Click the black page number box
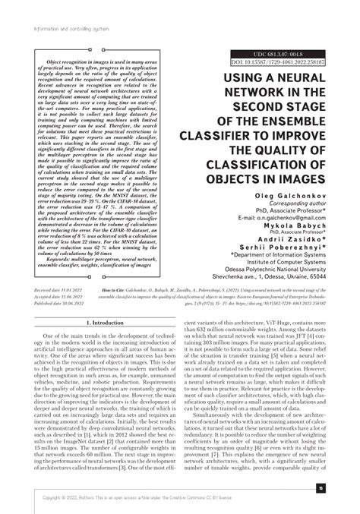pyautogui.click(x=321, y=488)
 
